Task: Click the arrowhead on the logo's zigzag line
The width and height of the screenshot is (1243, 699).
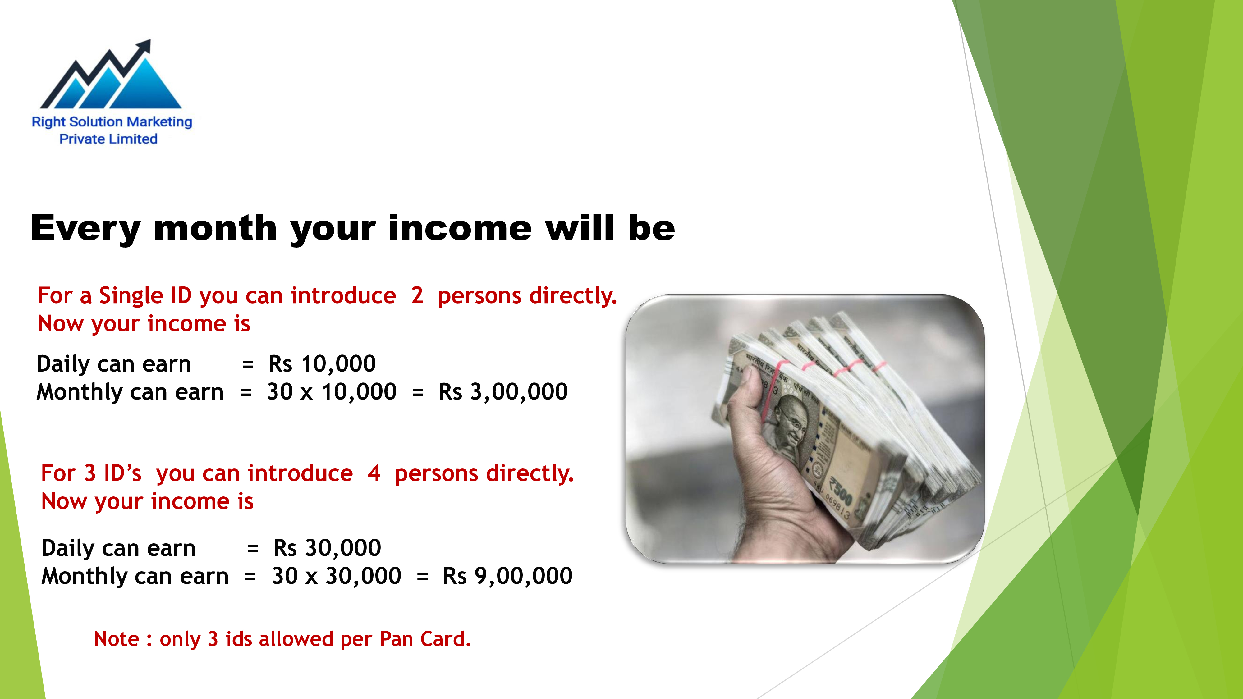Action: click(143, 48)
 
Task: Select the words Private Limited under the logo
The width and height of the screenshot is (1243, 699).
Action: click(108, 139)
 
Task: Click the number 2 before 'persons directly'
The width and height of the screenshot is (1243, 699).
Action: click(417, 295)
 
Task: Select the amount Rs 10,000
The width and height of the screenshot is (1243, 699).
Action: click(322, 364)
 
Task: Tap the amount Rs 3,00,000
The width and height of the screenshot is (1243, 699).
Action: click(503, 392)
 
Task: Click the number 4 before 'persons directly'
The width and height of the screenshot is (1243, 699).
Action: click(374, 473)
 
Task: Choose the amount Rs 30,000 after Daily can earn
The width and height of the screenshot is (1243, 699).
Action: click(327, 548)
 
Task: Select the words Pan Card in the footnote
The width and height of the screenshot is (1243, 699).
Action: click(424, 639)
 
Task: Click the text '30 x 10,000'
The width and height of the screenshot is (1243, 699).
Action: click(332, 392)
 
